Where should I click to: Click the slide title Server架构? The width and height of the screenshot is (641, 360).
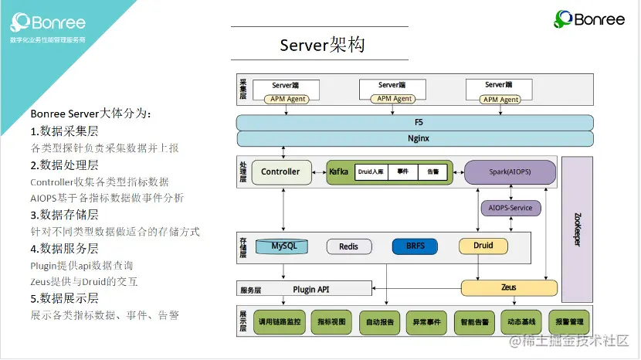click(322, 46)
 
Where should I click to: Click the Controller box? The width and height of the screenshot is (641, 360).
click(280, 172)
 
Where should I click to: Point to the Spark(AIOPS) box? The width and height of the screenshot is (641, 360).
click(510, 172)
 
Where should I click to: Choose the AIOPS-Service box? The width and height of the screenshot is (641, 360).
click(510, 209)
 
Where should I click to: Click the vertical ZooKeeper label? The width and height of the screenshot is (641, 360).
click(578, 229)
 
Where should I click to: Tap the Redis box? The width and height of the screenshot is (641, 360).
click(349, 247)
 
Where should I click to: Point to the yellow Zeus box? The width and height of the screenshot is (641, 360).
click(508, 287)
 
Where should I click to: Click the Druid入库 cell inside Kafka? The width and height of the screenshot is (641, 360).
click(371, 172)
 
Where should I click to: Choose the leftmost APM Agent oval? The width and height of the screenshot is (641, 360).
click(287, 99)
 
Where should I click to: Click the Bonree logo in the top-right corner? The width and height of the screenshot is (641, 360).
click(589, 19)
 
